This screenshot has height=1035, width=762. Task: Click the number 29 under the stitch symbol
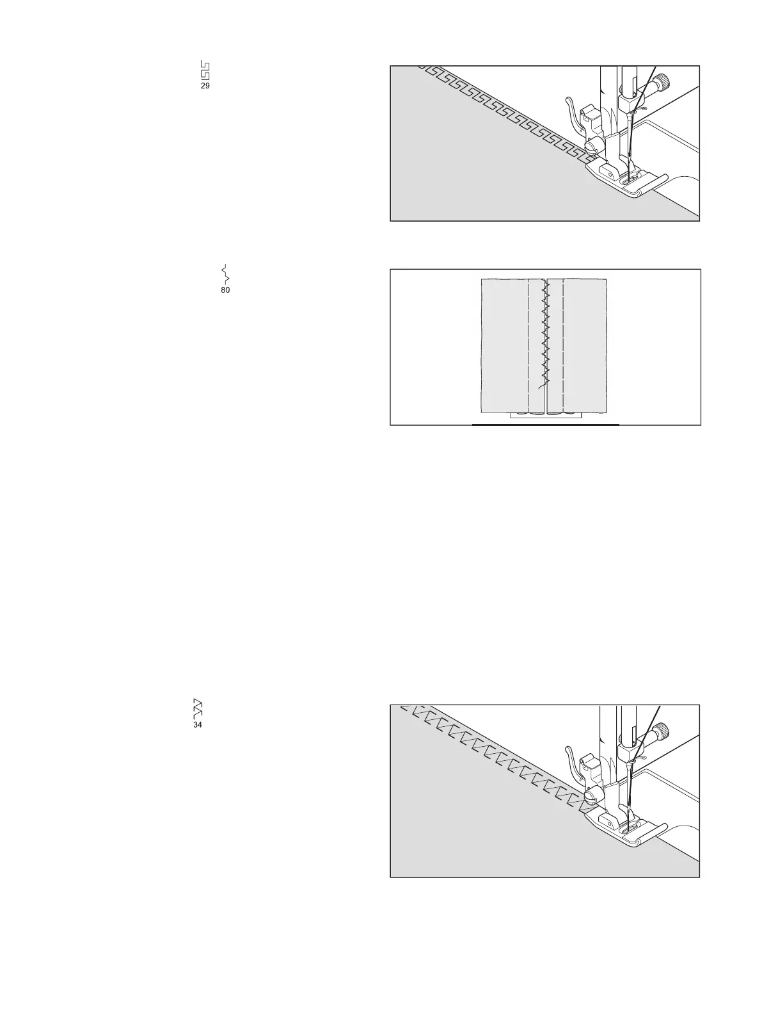(205, 86)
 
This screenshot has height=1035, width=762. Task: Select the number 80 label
(225, 290)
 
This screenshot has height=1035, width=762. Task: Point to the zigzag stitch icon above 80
(225, 273)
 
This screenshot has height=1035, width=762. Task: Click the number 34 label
(198, 726)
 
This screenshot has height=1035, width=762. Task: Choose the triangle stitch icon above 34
(198, 708)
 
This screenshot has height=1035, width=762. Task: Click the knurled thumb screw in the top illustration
(665, 82)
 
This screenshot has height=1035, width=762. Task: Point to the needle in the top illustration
(630, 138)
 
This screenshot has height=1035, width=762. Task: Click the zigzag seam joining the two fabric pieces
(545, 333)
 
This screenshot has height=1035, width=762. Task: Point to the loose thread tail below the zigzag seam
(541, 385)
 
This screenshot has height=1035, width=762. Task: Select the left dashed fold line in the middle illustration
(529, 346)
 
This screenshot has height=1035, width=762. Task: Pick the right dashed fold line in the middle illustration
(562, 346)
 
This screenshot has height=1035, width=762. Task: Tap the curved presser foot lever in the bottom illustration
(571, 763)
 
